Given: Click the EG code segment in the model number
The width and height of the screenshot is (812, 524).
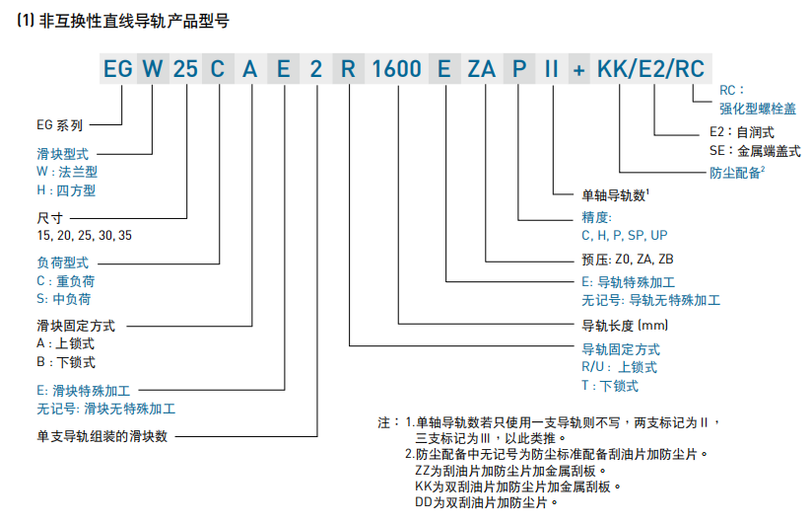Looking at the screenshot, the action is pos(118,69).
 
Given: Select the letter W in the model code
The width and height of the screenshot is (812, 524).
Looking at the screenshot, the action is pos(153,69).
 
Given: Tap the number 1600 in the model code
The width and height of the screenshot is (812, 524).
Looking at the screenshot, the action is pos(397,69).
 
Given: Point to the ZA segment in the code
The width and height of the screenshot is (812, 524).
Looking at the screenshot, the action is pos(482,69).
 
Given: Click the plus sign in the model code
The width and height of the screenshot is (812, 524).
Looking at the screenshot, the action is pos(579,70).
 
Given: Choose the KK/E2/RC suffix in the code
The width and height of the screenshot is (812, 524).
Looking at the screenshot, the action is pos(651,69).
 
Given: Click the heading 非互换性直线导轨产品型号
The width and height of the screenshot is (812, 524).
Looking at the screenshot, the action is pos(134,21).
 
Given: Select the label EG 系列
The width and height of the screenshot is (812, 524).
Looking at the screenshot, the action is pos(59,125).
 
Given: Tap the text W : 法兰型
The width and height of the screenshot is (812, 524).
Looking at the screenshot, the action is pos(67,172).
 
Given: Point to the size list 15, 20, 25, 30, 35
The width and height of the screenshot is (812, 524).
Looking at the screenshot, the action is pos(85,236).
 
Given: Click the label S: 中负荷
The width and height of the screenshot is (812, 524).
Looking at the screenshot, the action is pos(64,299).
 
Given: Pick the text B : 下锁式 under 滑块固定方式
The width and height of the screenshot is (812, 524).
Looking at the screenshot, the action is pos(66,362).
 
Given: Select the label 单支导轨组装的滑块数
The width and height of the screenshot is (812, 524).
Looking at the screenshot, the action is pos(102,436).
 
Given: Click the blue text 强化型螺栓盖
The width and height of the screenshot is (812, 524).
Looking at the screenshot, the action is pos(758,109).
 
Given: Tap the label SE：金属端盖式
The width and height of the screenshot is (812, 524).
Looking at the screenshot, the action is pos(755,151).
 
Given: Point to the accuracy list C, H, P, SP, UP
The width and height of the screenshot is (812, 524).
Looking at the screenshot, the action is pos(625,236).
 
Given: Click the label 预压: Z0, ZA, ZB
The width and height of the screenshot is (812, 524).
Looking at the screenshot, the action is pos(628,259).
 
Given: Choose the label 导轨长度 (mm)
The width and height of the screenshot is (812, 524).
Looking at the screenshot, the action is pos(625,326).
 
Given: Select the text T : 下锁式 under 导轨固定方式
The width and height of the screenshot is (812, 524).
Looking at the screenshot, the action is pos(610,386).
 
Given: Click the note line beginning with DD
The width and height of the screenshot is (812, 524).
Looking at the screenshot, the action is pos(486,502).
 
